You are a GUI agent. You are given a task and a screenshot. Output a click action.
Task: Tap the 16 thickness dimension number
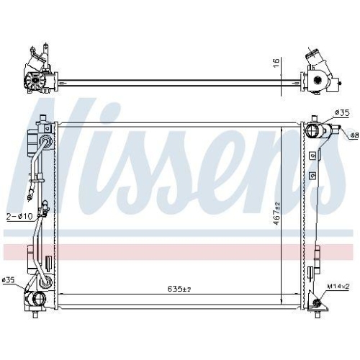click(x=276, y=63)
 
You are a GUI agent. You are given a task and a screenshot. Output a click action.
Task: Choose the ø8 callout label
click(x=354, y=135)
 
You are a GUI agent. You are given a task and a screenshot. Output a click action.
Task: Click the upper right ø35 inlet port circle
click(x=314, y=132)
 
